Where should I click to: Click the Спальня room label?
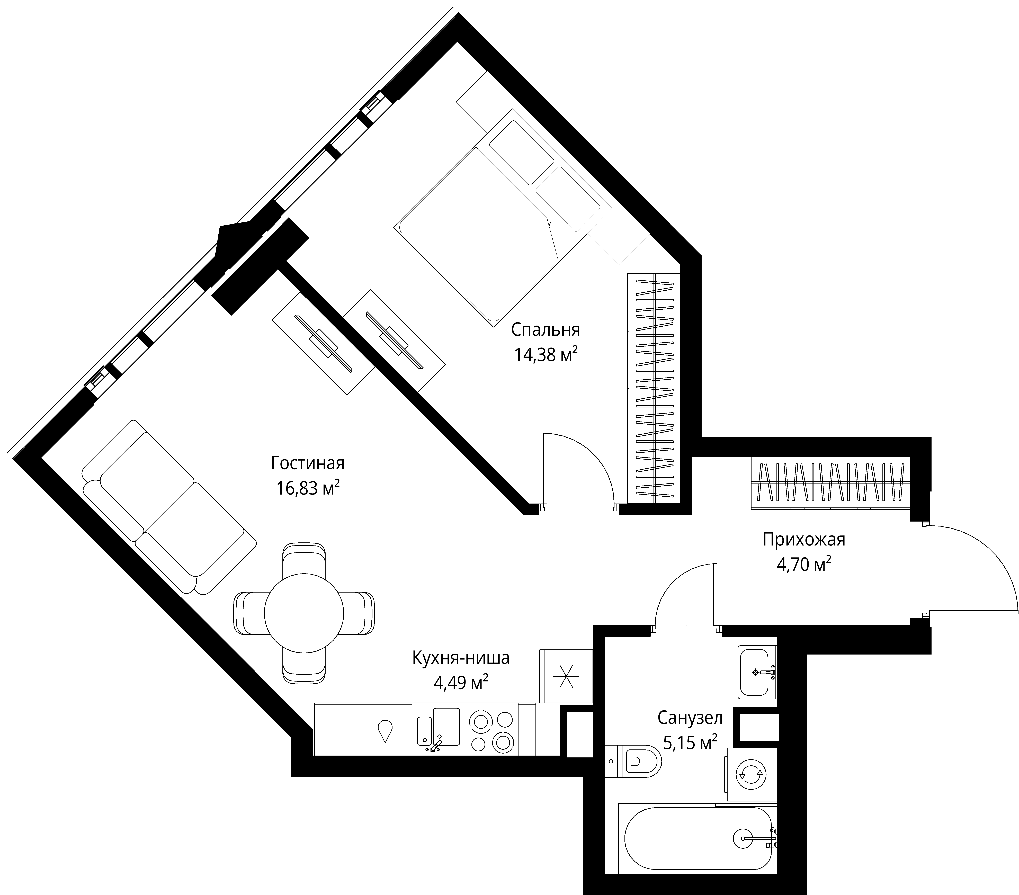tap(545, 330)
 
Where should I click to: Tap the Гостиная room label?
tap(308, 463)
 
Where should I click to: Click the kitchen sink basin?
tap(446, 727)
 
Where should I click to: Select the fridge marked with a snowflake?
tap(566, 676)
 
